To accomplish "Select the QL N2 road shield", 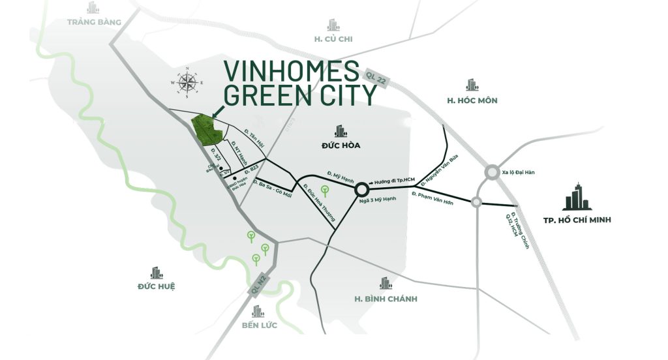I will pyautogui.click(x=259, y=287).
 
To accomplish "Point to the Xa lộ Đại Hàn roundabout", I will pyautogui.click(x=493, y=173).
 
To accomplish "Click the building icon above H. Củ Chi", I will pyautogui.click(x=333, y=25).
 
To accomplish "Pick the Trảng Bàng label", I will pyautogui.click(x=95, y=22).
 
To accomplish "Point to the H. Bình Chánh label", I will pyautogui.click(x=386, y=299).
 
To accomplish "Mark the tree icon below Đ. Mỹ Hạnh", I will pyautogui.click(x=324, y=190).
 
